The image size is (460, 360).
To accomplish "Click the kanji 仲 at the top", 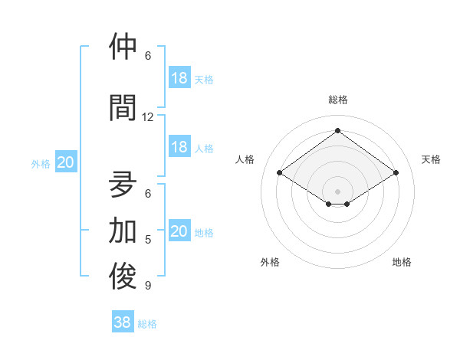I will click(x=123, y=46).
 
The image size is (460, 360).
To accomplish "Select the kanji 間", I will click(x=123, y=107).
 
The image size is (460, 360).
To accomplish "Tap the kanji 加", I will click(x=123, y=230).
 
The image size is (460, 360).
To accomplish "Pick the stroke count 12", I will click(x=148, y=117).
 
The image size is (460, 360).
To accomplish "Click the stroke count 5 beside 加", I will click(x=148, y=240).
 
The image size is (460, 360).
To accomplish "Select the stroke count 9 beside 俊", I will click(x=148, y=286).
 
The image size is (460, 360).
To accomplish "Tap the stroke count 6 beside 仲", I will click(x=148, y=56).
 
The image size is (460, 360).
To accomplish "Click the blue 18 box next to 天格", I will click(x=179, y=78).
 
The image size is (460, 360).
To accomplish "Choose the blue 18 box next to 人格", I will click(x=179, y=147).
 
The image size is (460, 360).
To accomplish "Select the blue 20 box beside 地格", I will click(x=179, y=231).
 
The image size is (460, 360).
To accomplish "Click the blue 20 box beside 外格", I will click(x=65, y=162).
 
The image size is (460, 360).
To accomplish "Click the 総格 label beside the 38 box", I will click(x=147, y=324).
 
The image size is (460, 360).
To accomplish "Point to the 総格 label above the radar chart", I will click(x=337, y=100).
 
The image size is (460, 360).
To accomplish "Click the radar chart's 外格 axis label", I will click(x=270, y=262).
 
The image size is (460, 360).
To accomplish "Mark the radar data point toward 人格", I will click(x=279, y=173).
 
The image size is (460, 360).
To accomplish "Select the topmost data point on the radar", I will click(x=337, y=131).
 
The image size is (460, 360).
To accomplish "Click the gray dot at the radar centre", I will click(x=337, y=190).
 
